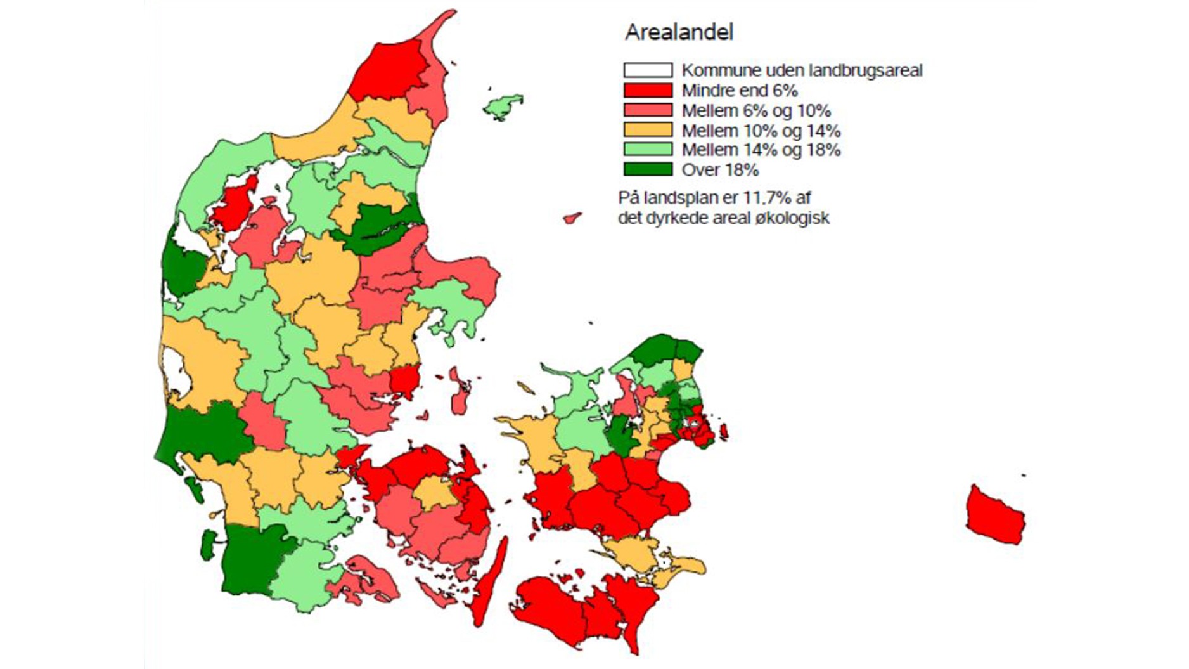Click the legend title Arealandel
pos(679,32)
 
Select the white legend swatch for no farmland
pos(647,70)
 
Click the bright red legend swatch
pos(647,90)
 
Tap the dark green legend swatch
pos(647,169)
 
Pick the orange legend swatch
pos(647,130)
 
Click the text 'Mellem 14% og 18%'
pos(761,150)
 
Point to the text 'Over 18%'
pos(720,170)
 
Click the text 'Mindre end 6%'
pos(739,91)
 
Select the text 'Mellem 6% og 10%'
pos(755,111)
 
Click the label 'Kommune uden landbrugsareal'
pos(802,70)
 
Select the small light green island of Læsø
pos(503,107)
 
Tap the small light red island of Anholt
pos(572,218)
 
